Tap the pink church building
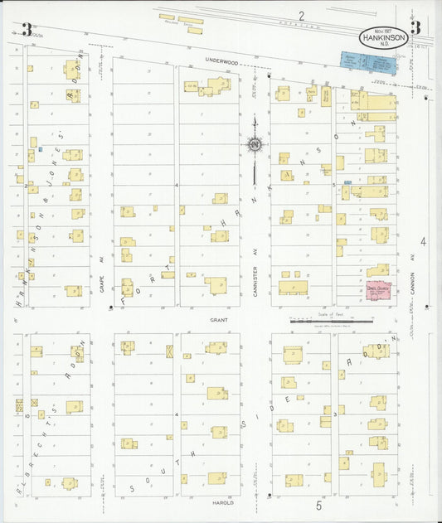(x=379, y=291)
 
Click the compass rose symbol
(x=255, y=146)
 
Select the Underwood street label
(x=221, y=61)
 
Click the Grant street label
(x=218, y=318)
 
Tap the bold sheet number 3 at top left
(x=27, y=30)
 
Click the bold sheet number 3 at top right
(x=415, y=27)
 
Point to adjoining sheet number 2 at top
(x=302, y=15)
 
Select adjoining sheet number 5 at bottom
(x=318, y=503)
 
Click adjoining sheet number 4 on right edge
(x=423, y=242)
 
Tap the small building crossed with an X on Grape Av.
(x=169, y=351)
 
